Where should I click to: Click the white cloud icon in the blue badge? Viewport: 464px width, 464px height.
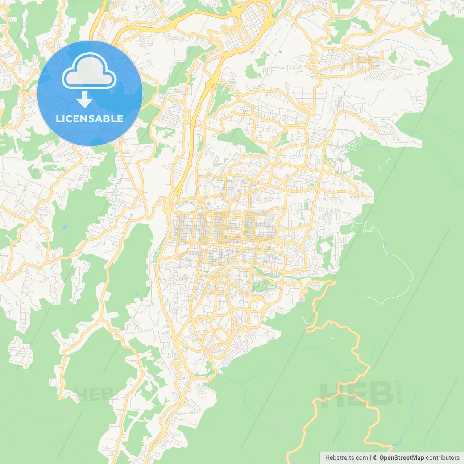click(x=89, y=71)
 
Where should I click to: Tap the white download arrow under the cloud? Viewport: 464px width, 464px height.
click(x=84, y=100)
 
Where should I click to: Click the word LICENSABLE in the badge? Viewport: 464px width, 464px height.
click(x=90, y=119)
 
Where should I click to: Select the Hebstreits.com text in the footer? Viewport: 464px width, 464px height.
click(x=346, y=458)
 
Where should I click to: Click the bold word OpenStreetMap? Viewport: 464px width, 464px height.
click(x=401, y=458)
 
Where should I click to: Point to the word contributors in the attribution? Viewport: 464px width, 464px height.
click(x=442, y=458)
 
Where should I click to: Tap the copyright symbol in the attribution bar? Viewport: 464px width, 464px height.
click(x=376, y=458)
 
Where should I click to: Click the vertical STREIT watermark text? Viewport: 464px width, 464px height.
click(x=399, y=392)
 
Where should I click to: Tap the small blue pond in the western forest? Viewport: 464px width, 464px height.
click(x=65, y=228)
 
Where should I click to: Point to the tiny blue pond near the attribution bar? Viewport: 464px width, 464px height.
click(x=431, y=442)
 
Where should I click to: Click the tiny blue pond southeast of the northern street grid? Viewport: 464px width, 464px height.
click(x=280, y=52)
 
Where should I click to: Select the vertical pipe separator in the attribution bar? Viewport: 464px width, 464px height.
click(x=370, y=458)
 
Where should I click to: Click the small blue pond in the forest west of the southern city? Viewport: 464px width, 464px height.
click(x=136, y=295)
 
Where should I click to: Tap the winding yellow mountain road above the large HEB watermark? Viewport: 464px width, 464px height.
click(x=357, y=348)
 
